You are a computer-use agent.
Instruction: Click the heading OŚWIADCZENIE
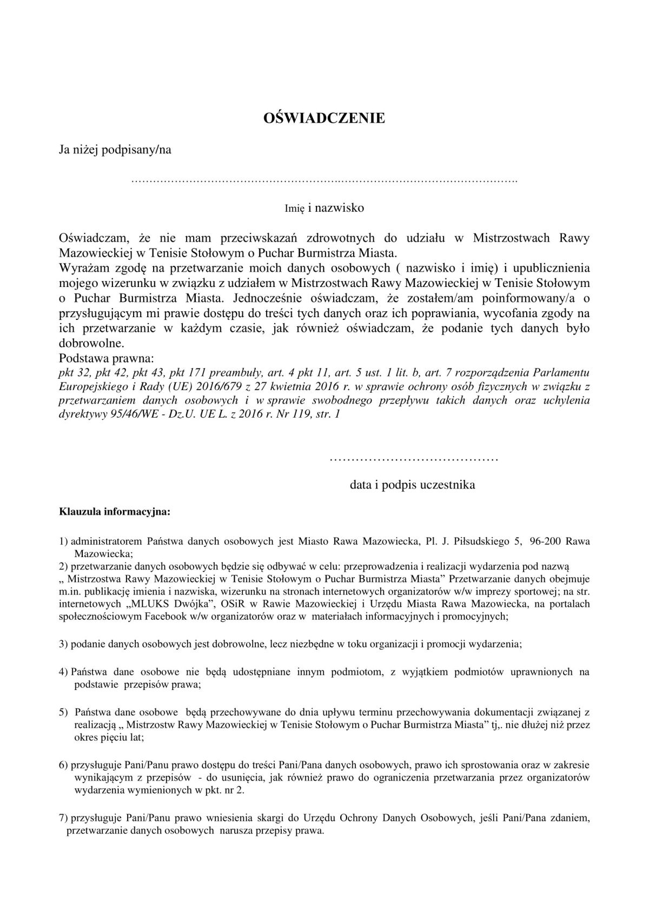pyautogui.click(x=324, y=118)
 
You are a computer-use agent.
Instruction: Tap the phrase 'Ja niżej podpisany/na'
pyautogui.click(x=115, y=150)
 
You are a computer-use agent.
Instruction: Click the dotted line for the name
pyautogui.click(x=325, y=180)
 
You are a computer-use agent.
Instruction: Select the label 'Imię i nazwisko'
pyautogui.click(x=325, y=208)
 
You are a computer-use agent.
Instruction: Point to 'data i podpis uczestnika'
pyautogui.click(x=412, y=485)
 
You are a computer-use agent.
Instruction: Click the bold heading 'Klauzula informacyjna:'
pyautogui.click(x=114, y=511)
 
